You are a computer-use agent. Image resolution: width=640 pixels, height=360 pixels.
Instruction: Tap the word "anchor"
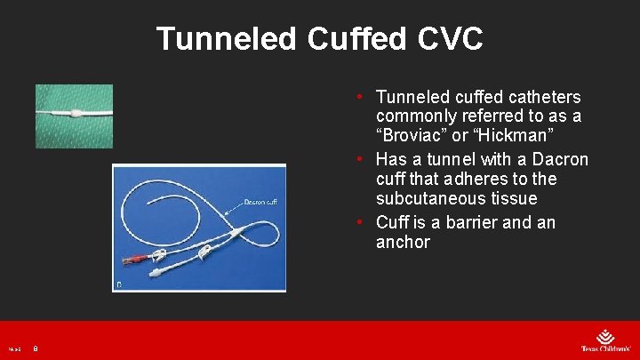(x=403, y=242)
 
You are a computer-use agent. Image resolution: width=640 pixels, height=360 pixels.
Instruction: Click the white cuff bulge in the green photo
(x=76, y=114)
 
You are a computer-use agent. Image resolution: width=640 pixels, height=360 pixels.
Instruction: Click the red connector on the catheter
(x=135, y=261)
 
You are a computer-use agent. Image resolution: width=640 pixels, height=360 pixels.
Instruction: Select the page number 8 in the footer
(x=36, y=350)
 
